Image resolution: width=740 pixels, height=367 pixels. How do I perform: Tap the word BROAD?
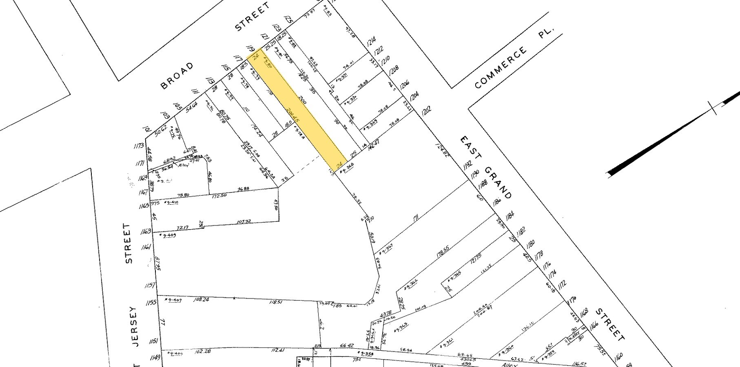[x=177, y=76]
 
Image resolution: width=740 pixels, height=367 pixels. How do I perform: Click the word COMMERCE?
[x=501, y=68]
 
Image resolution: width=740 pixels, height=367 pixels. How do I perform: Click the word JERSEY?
[x=134, y=326]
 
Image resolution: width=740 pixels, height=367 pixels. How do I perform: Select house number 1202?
[x=426, y=111]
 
